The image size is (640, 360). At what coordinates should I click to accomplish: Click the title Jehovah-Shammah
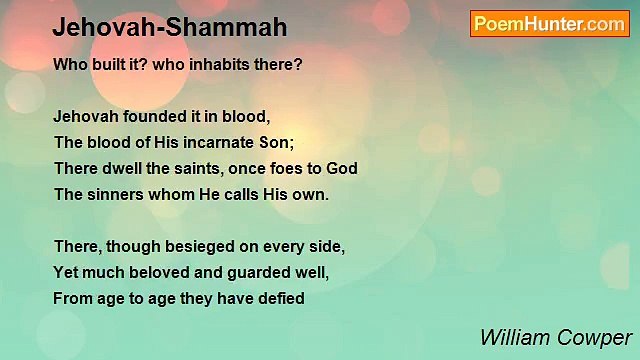(170, 28)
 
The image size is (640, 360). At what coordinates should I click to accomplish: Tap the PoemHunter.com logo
(549, 24)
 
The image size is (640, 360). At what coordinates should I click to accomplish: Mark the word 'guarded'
(263, 272)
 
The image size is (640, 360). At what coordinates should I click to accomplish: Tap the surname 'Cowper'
(596, 337)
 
